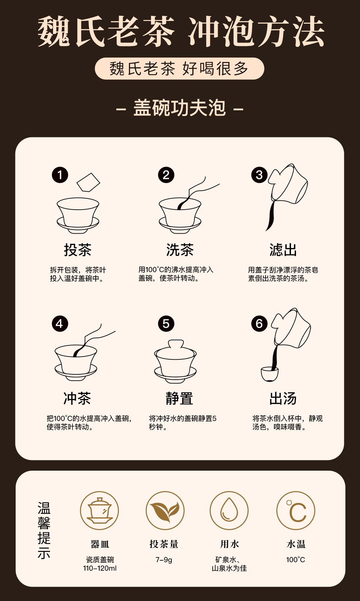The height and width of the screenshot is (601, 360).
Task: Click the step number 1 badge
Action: [x=60, y=175]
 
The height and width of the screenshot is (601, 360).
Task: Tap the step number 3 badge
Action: [x=259, y=175]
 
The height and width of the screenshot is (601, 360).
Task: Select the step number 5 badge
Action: [x=166, y=324]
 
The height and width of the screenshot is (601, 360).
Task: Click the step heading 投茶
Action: [x=78, y=250]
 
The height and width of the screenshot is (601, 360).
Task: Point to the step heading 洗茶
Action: [x=180, y=250]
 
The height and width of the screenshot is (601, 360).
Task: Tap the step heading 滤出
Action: [x=283, y=250]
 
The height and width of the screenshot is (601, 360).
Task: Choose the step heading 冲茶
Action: [x=77, y=398]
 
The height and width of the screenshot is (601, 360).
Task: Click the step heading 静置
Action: [x=179, y=398]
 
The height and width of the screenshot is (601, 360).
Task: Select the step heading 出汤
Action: [x=283, y=398]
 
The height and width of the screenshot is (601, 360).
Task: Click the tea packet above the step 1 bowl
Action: [x=88, y=182]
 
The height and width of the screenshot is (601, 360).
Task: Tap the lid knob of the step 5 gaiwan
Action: [x=176, y=344]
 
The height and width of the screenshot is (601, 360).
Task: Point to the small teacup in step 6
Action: [x=270, y=374]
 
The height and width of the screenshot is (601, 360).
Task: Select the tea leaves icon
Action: [x=165, y=511]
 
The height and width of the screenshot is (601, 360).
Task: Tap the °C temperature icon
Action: [x=296, y=511]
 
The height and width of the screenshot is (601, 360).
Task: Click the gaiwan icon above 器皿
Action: [x=99, y=511]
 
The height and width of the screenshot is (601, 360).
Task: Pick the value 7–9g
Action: [x=164, y=560]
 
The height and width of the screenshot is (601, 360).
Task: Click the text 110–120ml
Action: [x=100, y=568]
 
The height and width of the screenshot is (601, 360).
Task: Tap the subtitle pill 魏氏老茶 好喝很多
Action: [x=179, y=69]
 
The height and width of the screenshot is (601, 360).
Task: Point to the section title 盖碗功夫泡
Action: [x=180, y=108]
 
